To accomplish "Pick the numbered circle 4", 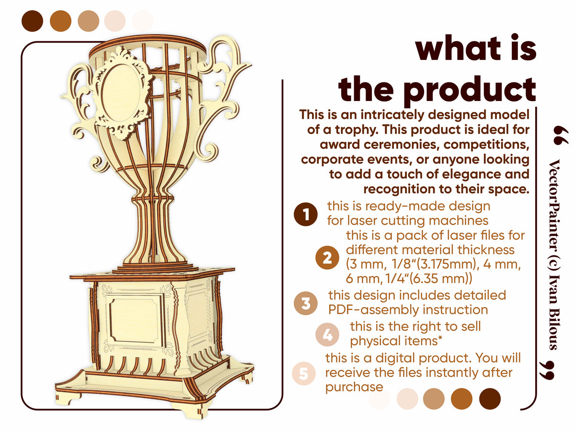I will point(328,334).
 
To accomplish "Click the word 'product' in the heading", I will point(470,89).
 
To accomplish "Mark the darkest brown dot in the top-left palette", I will point(33,21).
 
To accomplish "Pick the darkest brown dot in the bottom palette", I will point(490,398).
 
